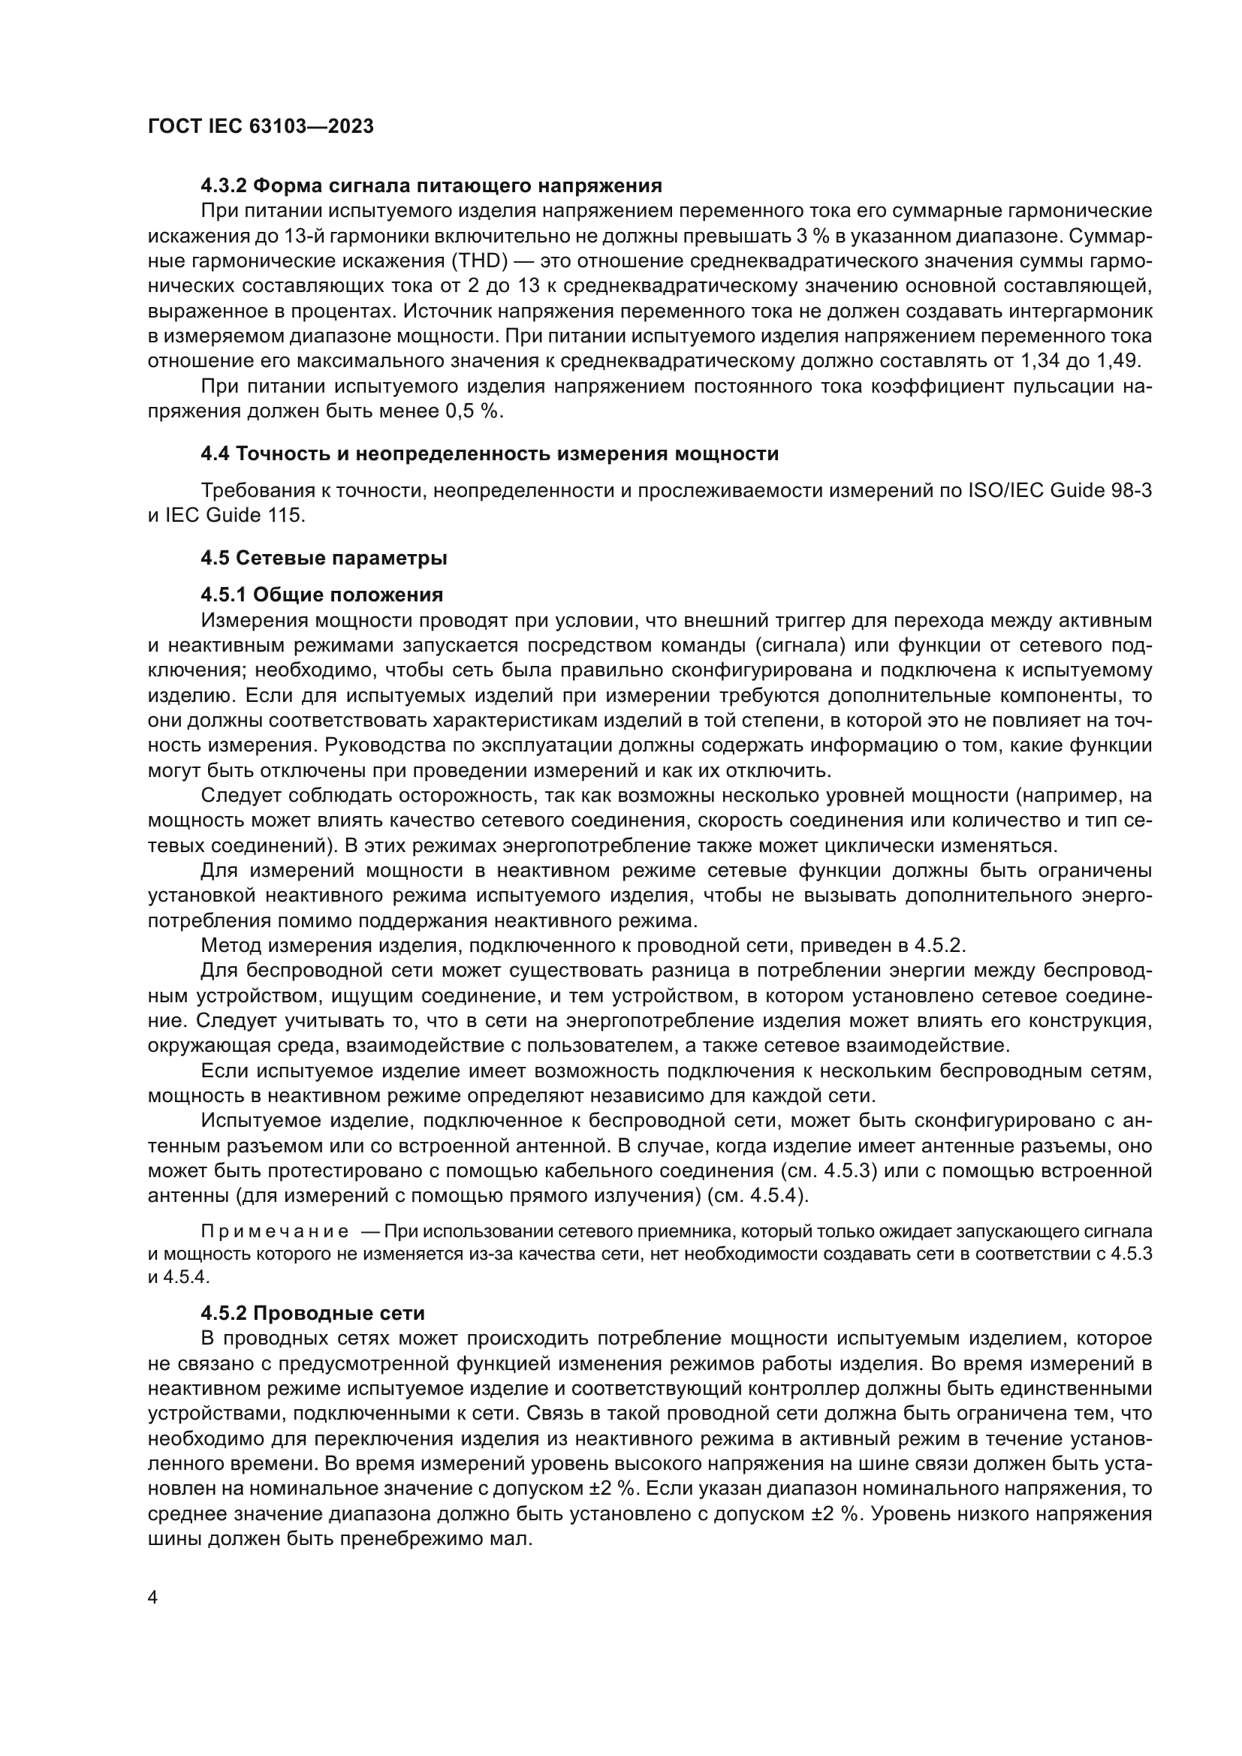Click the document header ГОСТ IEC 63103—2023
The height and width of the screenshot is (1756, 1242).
(x=260, y=127)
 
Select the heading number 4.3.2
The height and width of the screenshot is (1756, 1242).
(x=223, y=186)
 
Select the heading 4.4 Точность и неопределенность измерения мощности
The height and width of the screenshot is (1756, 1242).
(x=490, y=453)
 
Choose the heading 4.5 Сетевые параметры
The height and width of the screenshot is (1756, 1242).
(x=324, y=559)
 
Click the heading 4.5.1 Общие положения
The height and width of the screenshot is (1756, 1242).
(x=321, y=595)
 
